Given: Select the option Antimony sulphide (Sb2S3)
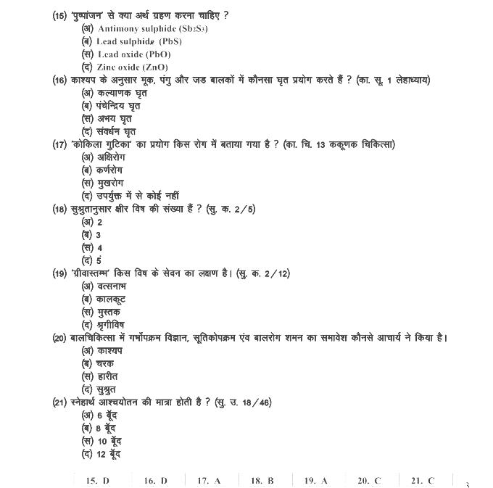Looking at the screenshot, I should [x=133, y=28].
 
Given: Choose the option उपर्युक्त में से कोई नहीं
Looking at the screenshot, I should [x=130, y=196].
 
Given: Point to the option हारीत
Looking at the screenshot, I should [x=100, y=376].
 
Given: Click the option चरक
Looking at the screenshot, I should [x=98, y=363].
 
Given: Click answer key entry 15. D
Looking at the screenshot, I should [x=97, y=480].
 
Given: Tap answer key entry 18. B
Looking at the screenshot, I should [x=262, y=480].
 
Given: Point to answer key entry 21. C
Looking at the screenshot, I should [x=423, y=480].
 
